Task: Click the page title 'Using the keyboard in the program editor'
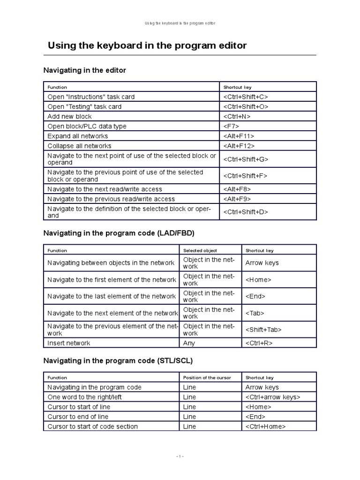click(x=147, y=45)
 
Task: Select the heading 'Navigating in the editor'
click(x=85, y=70)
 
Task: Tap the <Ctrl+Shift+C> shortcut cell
click(x=246, y=97)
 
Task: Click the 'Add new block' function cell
click(x=70, y=116)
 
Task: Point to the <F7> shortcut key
click(x=232, y=126)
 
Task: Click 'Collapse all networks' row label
click(x=80, y=146)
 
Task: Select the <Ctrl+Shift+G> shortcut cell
click(x=246, y=159)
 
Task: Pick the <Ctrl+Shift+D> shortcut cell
click(x=246, y=212)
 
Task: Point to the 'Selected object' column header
click(x=200, y=250)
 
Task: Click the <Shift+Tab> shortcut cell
click(x=263, y=330)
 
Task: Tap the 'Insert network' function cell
click(x=69, y=343)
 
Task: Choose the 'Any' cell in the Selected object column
click(x=189, y=343)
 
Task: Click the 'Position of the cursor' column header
click(x=207, y=377)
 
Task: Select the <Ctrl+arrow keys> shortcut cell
click(x=273, y=397)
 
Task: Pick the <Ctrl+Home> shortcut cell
click(x=265, y=427)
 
